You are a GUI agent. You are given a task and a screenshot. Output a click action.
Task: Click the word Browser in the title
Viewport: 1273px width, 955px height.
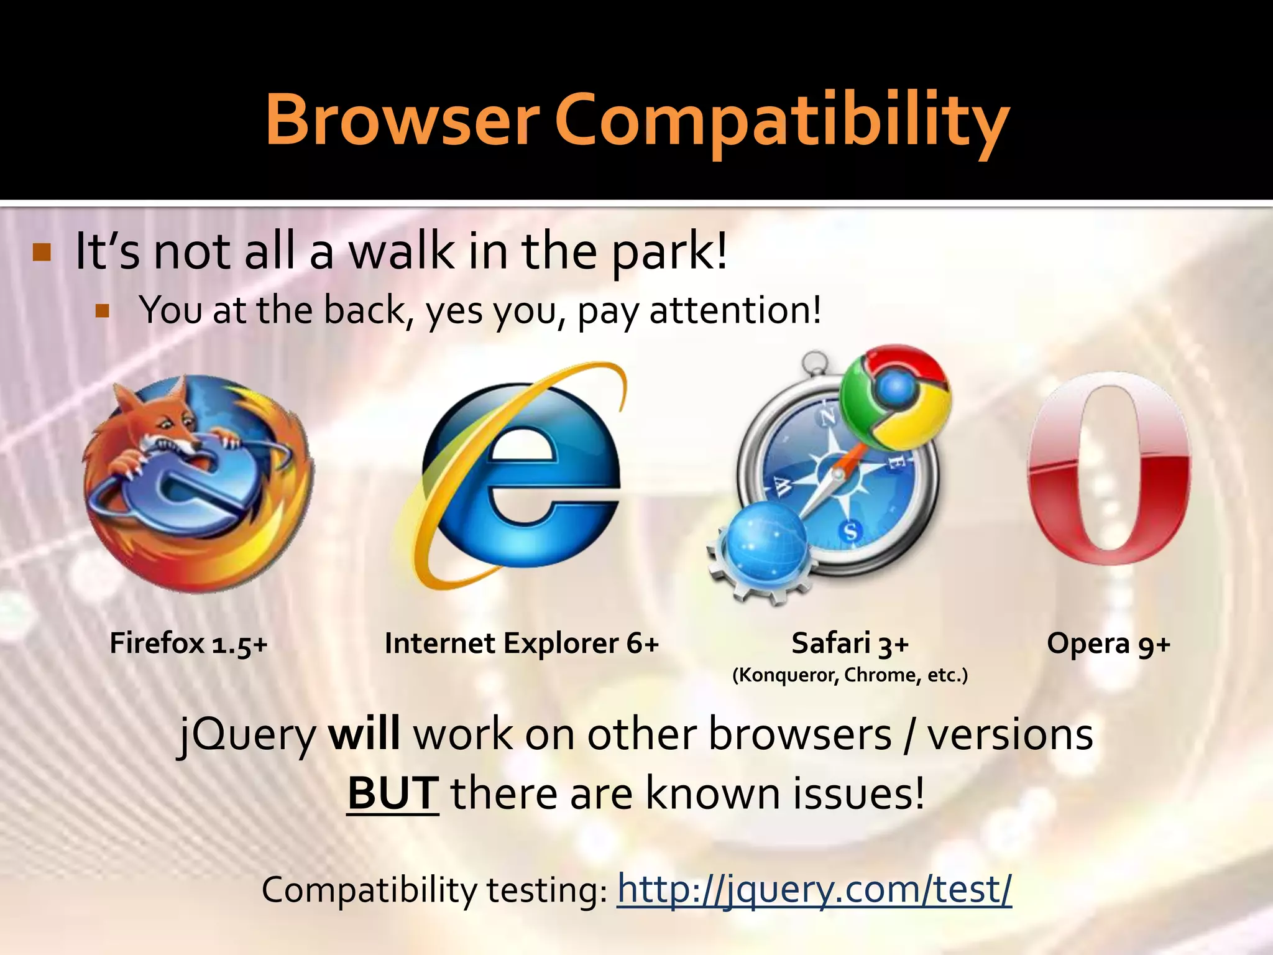tap(402, 119)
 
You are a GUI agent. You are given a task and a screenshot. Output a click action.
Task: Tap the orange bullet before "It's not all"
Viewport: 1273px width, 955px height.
tap(42, 253)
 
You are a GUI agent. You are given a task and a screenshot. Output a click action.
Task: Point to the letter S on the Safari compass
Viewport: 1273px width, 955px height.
tap(850, 532)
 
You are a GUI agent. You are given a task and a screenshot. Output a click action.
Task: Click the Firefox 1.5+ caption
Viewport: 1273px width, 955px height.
tap(188, 644)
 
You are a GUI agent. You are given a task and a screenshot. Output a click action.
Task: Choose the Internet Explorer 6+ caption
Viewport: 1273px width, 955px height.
tap(522, 644)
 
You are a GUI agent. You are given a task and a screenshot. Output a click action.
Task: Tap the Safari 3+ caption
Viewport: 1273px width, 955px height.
tap(850, 644)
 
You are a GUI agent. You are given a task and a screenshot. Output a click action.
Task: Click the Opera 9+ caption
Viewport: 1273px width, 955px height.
tap(1108, 644)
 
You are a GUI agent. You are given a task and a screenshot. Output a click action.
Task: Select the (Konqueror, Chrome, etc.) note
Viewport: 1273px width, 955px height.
tap(850, 675)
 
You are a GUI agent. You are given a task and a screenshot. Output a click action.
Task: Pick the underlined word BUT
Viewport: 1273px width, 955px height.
tap(393, 794)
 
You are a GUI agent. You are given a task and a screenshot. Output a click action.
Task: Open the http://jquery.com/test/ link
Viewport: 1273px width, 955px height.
tap(814, 889)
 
